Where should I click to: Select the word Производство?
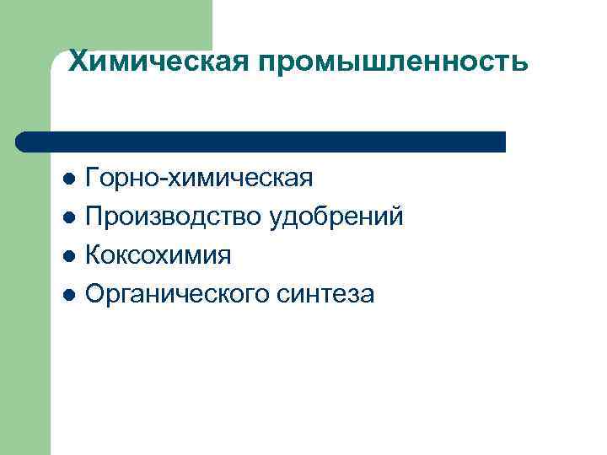tap(174, 217)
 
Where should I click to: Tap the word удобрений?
tap(336, 217)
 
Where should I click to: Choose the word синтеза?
tap(325, 295)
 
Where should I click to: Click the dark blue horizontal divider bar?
tap(261, 142)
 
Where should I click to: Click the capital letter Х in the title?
tap(78, 61)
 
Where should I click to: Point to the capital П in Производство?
tap(95, 217)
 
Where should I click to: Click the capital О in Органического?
tap(96, 295)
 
